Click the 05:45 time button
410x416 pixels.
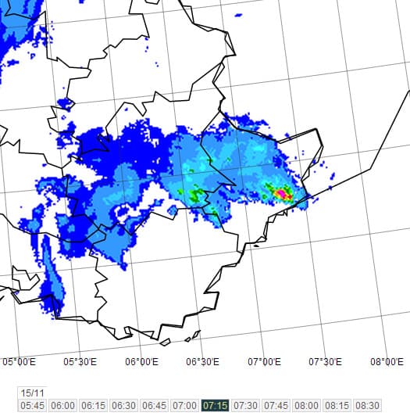click(x=33, y=405)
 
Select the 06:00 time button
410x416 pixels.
click(x=63, y=405)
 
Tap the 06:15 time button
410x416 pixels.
click(x=94, y=405)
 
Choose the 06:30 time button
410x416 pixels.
click(x=124, y=405)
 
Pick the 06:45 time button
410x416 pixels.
click(x=155, y=405)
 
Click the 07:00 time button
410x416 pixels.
click(x=185, y=405)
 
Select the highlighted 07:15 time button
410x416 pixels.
click(x=216, y=405)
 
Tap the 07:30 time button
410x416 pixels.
click(x=246, y=405)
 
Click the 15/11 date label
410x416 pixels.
click(x=32, y=393)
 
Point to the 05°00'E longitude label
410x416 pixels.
click(x=20, y=361)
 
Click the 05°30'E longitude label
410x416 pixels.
click(x=80, y=361)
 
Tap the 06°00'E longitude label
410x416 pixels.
click(x=141, y=361)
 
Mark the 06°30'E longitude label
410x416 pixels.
click(x=202, y=361)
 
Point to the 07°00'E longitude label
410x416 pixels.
click(x=264, y=361)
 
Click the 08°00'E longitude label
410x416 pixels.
click(x=386, y=361)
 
